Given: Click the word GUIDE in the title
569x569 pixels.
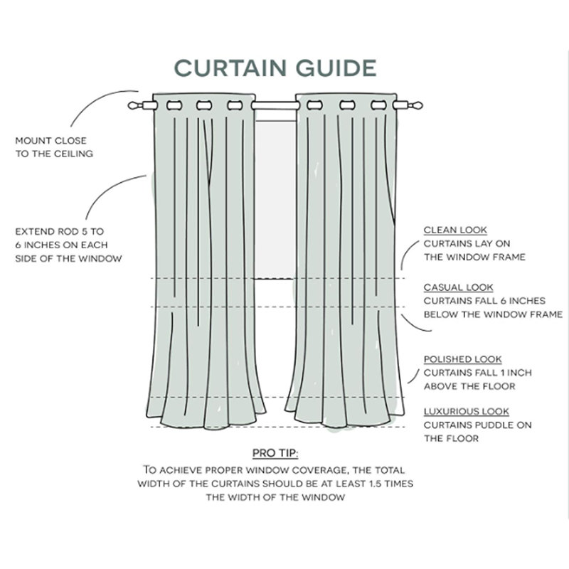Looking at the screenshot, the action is [336, 68].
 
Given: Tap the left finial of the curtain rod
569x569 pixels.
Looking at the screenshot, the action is [135, 105].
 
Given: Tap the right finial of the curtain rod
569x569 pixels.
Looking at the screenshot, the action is [415, 105].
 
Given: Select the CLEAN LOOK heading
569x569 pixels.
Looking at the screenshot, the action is [455, 230].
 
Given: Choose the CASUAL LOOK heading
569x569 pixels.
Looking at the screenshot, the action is [458, 287].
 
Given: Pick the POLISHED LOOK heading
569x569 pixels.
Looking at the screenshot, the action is [463, 359].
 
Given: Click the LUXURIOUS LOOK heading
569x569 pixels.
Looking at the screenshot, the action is [467, 412].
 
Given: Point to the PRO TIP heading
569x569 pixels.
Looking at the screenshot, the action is [275, 453].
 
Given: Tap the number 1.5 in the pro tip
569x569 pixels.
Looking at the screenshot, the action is [375, 484].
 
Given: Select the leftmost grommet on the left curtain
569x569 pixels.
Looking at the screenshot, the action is [174, 105].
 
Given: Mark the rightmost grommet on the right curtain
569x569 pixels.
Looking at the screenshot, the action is [378, 105].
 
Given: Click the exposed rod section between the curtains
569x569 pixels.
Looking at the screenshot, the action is [275, 105].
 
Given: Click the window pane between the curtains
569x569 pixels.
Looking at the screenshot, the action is [275, 200].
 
